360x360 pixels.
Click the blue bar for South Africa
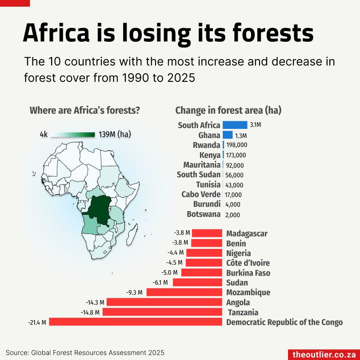pos(235,125)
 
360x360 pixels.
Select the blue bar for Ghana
pos(228,135)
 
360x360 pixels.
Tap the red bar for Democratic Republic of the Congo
pos(135,322)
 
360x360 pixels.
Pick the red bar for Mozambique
pos(184,292)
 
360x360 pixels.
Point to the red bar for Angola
pos(164,302)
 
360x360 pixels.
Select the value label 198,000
pos(236,145)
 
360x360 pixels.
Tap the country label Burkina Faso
pos(248,273)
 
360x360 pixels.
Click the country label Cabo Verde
pos(201,194)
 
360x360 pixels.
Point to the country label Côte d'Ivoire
pos(248,263)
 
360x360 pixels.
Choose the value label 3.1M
pos(256,125)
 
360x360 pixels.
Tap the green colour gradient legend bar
pos(73,134)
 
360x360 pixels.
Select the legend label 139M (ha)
pos(115,134)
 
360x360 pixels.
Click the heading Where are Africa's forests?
pos(85,110)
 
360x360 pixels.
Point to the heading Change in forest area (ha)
pos(228,110)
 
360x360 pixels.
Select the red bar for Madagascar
pos(207,233)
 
